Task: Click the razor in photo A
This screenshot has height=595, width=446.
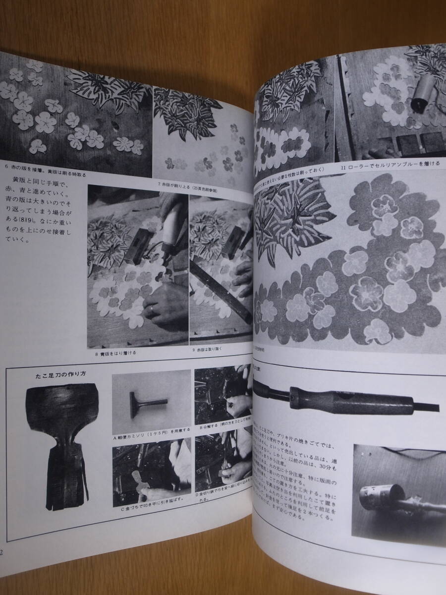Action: coord(149,397)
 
